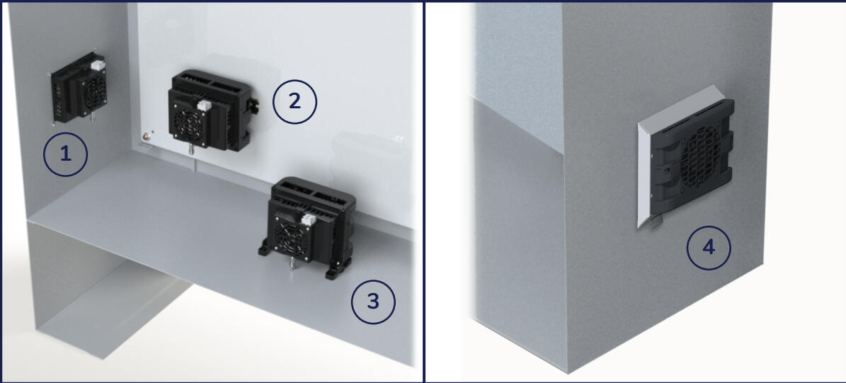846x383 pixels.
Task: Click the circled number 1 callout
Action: (x=65, y=155)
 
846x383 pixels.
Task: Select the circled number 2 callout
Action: (x=295, y=101)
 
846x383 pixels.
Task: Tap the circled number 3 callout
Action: (x=373, y=302)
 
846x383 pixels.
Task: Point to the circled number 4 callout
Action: (x=709, y=248)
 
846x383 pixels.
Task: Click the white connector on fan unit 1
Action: (x=98, y=66)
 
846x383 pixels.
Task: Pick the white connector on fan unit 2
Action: (x=204, y=105)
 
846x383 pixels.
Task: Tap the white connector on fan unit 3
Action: (x=308, y=219)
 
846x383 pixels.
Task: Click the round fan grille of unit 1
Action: (x=93, y=92)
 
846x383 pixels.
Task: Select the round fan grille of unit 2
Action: (x=190, y=125)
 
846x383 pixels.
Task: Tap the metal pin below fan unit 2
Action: (x=192, y=149)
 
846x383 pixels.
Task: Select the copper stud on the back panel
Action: (x=146, y=137)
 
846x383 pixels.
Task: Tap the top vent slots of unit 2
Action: (x=207, y=83)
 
